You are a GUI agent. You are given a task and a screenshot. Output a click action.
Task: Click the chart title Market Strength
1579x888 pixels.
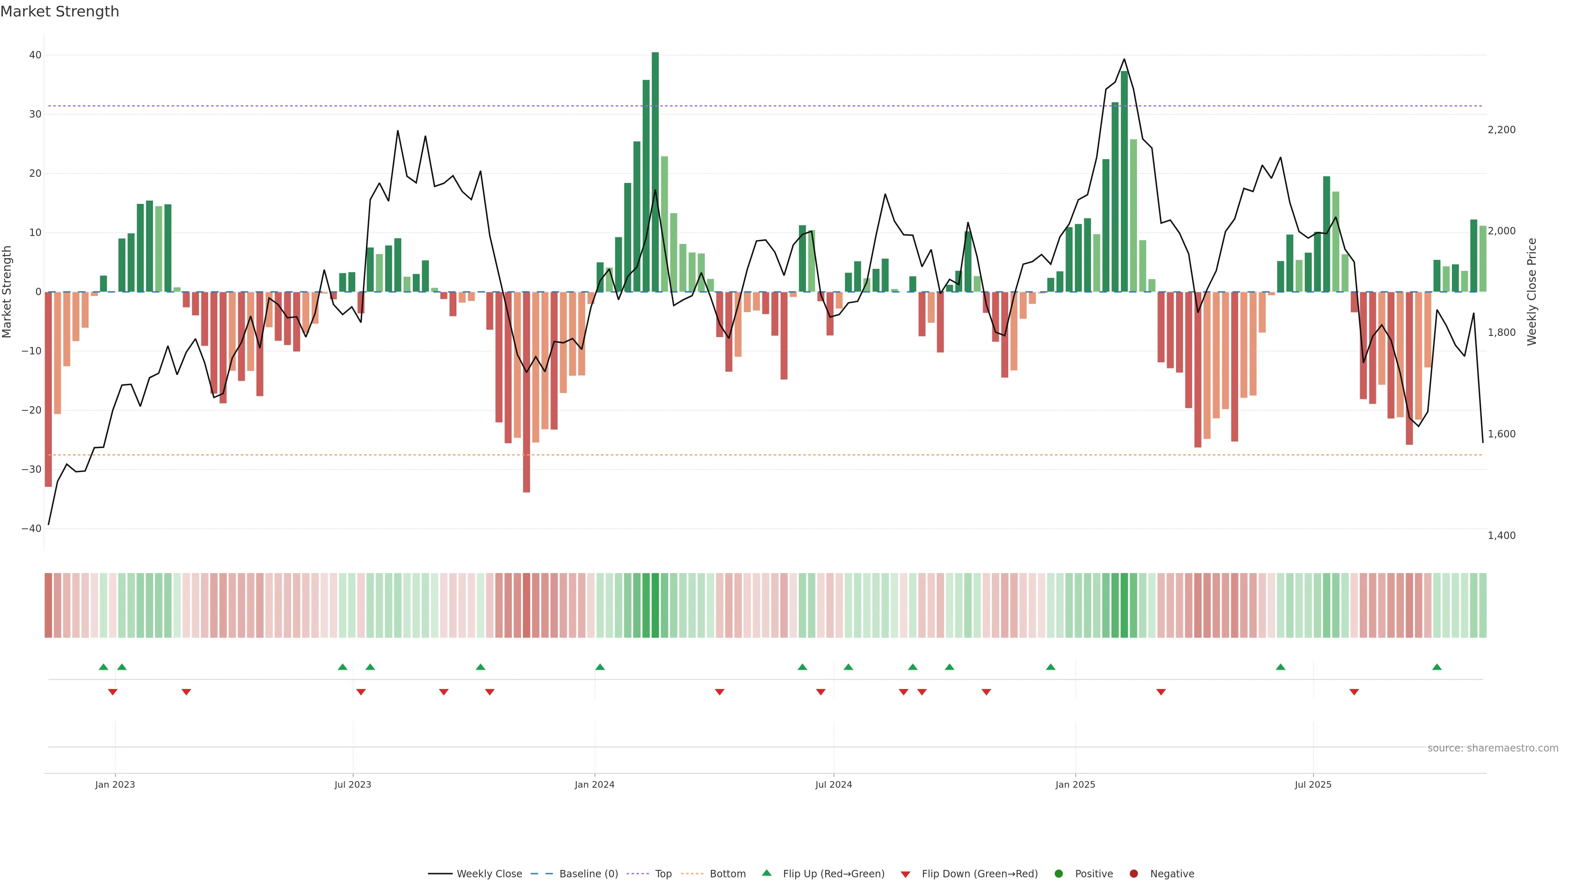tap(60, 12)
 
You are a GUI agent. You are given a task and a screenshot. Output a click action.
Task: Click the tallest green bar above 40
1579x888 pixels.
tap(655, 171)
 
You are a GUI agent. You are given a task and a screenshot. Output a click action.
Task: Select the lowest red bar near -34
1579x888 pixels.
tap(526, 392)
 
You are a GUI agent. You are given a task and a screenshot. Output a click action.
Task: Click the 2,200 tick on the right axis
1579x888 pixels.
tap(1501, 130)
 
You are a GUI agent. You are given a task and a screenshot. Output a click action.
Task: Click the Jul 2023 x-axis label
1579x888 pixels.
tap(352, 784)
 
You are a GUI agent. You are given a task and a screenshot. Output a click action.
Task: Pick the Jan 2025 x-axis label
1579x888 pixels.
tap(1075, 784)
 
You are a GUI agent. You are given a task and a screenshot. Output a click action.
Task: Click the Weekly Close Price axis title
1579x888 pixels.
tap(1532, 292)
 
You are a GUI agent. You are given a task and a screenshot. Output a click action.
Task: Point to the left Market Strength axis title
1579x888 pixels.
tap(7, 292)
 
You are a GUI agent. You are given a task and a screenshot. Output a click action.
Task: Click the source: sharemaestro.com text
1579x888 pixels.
tap(1493, 748)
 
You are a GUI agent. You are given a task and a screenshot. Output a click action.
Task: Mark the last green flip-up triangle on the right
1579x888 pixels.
tap(1437, 667)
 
